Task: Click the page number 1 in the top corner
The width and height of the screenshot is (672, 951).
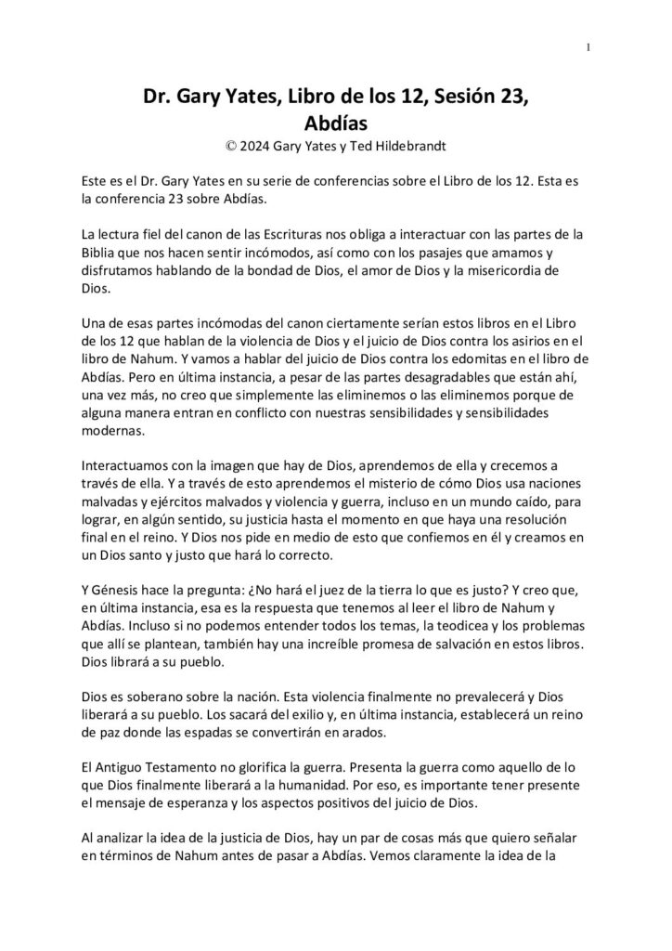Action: click(x=589, y=48)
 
